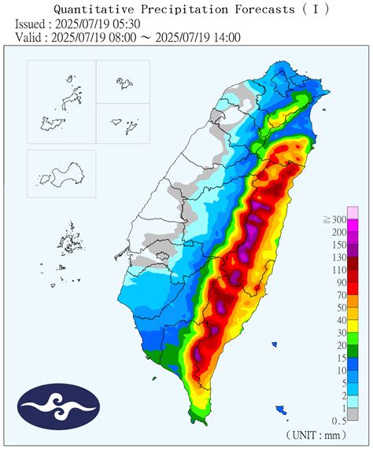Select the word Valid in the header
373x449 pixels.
[31, 37]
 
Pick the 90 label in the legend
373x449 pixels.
[340, 282]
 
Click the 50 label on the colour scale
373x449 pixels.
[340, 307]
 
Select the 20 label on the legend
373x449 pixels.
[340, 345]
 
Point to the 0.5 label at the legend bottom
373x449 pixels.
[338, 420]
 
